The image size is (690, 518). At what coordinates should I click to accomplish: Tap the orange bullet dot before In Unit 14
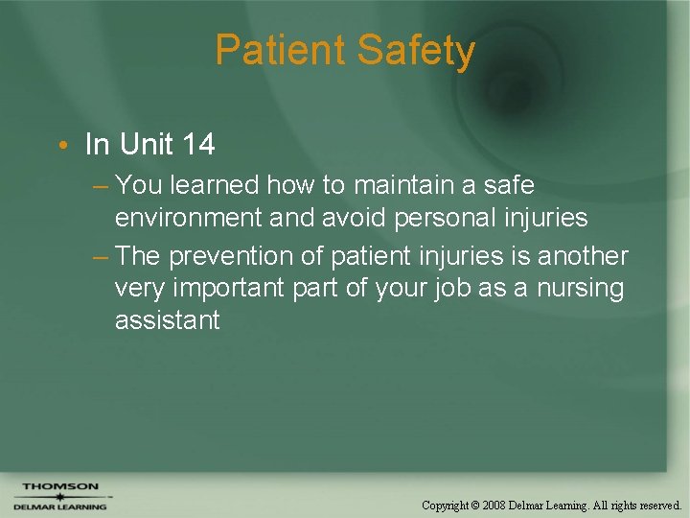[60, 145]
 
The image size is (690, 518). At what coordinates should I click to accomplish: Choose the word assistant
[167, 319]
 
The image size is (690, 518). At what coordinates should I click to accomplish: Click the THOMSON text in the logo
[60, 486]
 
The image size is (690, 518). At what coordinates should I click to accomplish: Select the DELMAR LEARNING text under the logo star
[60, 506]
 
